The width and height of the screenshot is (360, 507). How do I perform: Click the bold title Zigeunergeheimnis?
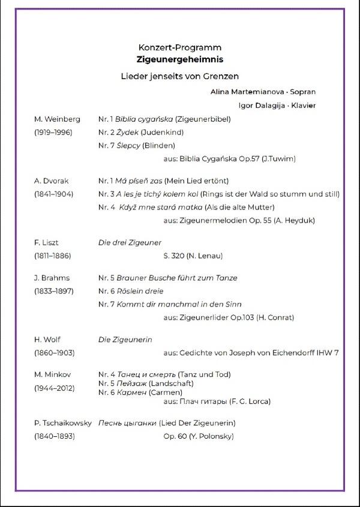179,59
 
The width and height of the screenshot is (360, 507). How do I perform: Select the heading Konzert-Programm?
179,47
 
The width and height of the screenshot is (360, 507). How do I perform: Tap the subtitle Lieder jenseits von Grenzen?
179,76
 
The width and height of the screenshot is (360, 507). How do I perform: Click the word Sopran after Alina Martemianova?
302,92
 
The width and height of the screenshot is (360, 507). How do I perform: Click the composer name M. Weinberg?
57,119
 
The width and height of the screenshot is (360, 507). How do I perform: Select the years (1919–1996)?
53,132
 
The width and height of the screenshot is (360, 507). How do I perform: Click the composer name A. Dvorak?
53,181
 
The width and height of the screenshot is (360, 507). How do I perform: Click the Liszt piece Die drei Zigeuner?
130,242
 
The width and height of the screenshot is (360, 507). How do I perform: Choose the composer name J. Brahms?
52,278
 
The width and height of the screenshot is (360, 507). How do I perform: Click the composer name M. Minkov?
53,375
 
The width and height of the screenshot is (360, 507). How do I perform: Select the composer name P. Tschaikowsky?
63,423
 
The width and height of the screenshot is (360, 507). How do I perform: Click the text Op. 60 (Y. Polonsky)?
199,436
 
